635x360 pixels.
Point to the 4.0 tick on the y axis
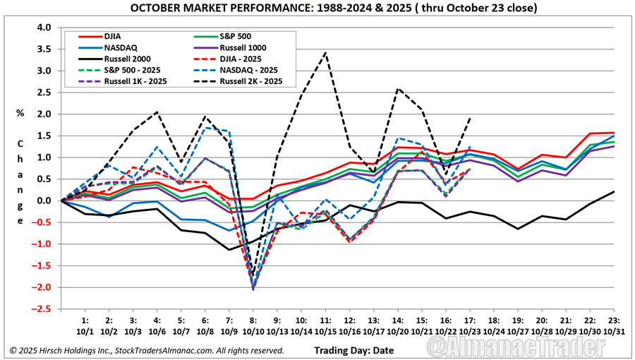tap(44, 28)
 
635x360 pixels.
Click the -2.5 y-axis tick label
tap(42, 309)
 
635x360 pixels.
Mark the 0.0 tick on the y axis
tap(44, 201)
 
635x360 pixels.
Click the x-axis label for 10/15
tap(325, 330)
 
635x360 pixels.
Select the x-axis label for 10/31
tap(613, 330)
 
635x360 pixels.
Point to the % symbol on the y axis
tap(20, 112)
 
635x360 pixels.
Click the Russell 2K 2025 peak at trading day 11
tap(325, 53)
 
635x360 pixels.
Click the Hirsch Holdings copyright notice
tap(147, 350)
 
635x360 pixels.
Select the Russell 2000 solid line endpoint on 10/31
tap(613, 191)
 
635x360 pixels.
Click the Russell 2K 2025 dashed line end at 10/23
tap(469, 119)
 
